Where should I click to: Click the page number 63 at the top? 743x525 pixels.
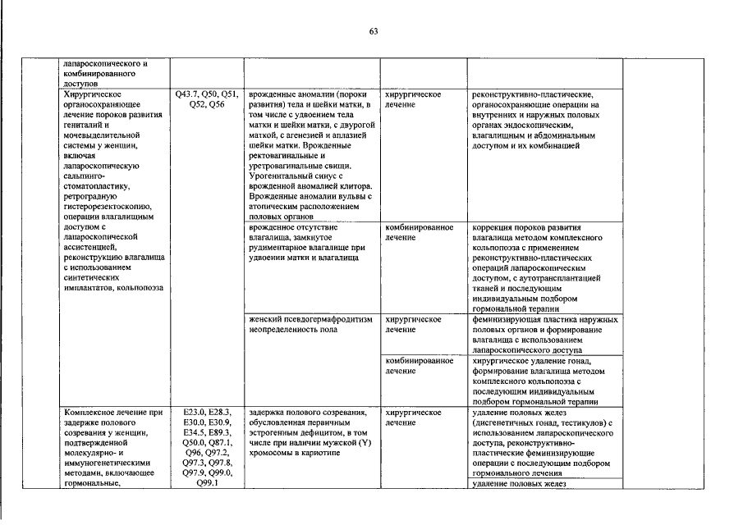[x=373, y=31]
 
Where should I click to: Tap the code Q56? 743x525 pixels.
[x=217, y=105]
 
